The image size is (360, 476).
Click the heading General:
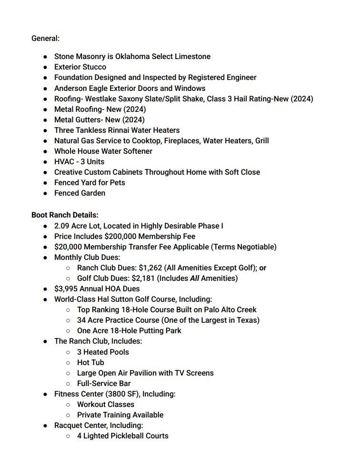tap(45, 38)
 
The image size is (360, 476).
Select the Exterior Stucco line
tap(80, 67)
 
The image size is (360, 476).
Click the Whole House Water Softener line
tap(103, 151)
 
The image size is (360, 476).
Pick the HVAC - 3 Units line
tap(79, 161)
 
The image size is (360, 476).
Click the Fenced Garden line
tap(80, 193)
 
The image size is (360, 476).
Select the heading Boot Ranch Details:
tap(65, 215)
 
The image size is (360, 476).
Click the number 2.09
tap(62, 226)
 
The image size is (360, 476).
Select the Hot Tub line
tap(90, 362)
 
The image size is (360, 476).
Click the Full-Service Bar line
tap(104, 383)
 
